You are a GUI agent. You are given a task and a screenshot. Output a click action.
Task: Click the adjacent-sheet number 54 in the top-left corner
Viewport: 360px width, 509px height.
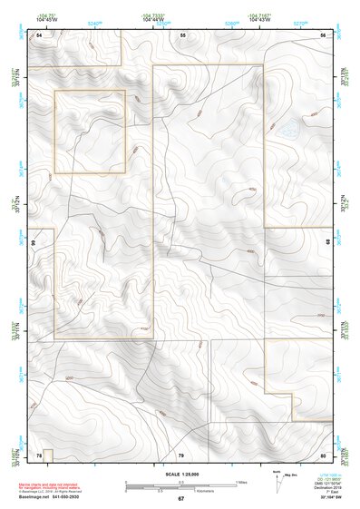pos(39,34)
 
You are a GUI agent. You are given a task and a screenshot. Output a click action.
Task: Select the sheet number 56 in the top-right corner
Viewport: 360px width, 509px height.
pos(322,34)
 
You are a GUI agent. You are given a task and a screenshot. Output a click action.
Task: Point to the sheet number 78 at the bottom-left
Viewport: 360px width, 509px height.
pos(39,454)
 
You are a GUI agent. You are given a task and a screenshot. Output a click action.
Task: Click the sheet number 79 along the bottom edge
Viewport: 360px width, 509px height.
pos(181,454)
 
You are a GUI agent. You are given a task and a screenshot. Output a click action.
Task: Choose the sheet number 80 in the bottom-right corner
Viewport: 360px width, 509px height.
pos(322,454)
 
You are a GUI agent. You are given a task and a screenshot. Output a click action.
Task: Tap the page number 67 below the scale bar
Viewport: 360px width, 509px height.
pos(180,499)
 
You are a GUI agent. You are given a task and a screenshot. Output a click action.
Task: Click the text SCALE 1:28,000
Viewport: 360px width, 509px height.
pos(180,473)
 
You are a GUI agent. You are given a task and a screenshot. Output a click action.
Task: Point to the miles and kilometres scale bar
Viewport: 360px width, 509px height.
pos(180,485)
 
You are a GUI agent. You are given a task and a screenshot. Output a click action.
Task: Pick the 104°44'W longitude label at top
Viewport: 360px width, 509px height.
pos(153,20)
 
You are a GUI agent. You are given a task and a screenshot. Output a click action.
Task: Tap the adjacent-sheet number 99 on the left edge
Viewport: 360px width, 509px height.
pos(33,243)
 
